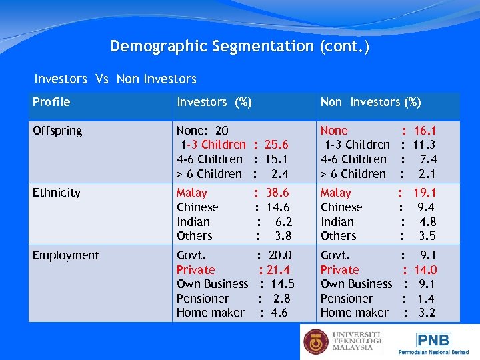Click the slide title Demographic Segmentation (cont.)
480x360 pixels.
point(239,47)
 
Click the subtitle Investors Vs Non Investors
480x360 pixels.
point(115,79)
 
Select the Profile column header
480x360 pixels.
point(51,102)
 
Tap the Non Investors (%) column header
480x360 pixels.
point(371,102)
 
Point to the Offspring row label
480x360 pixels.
point(57,131)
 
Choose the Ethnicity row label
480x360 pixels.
point(56,193)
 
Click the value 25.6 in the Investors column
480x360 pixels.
point(276,145)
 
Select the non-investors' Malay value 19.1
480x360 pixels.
point(425,193)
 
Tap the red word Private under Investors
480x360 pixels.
point(195,270)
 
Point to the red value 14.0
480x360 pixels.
point(425,270)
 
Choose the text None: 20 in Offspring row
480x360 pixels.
point(202,131)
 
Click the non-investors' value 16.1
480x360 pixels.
point(425,131)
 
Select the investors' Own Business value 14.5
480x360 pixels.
point(281,284)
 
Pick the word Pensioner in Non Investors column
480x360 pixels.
point(347,299)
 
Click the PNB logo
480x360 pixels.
point(433,340)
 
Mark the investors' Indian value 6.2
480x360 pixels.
point(283,222)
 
